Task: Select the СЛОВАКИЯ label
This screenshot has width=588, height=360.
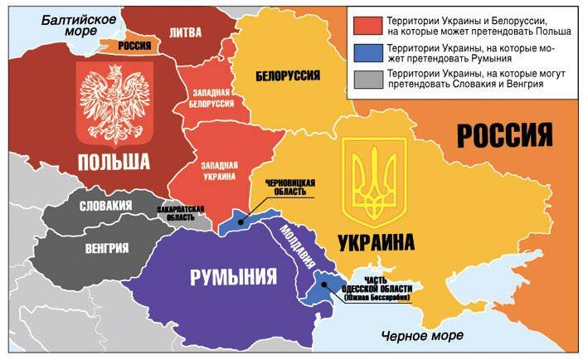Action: click(x=103, y=206)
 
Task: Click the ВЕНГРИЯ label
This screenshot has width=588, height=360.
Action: click(x=107, y=247)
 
